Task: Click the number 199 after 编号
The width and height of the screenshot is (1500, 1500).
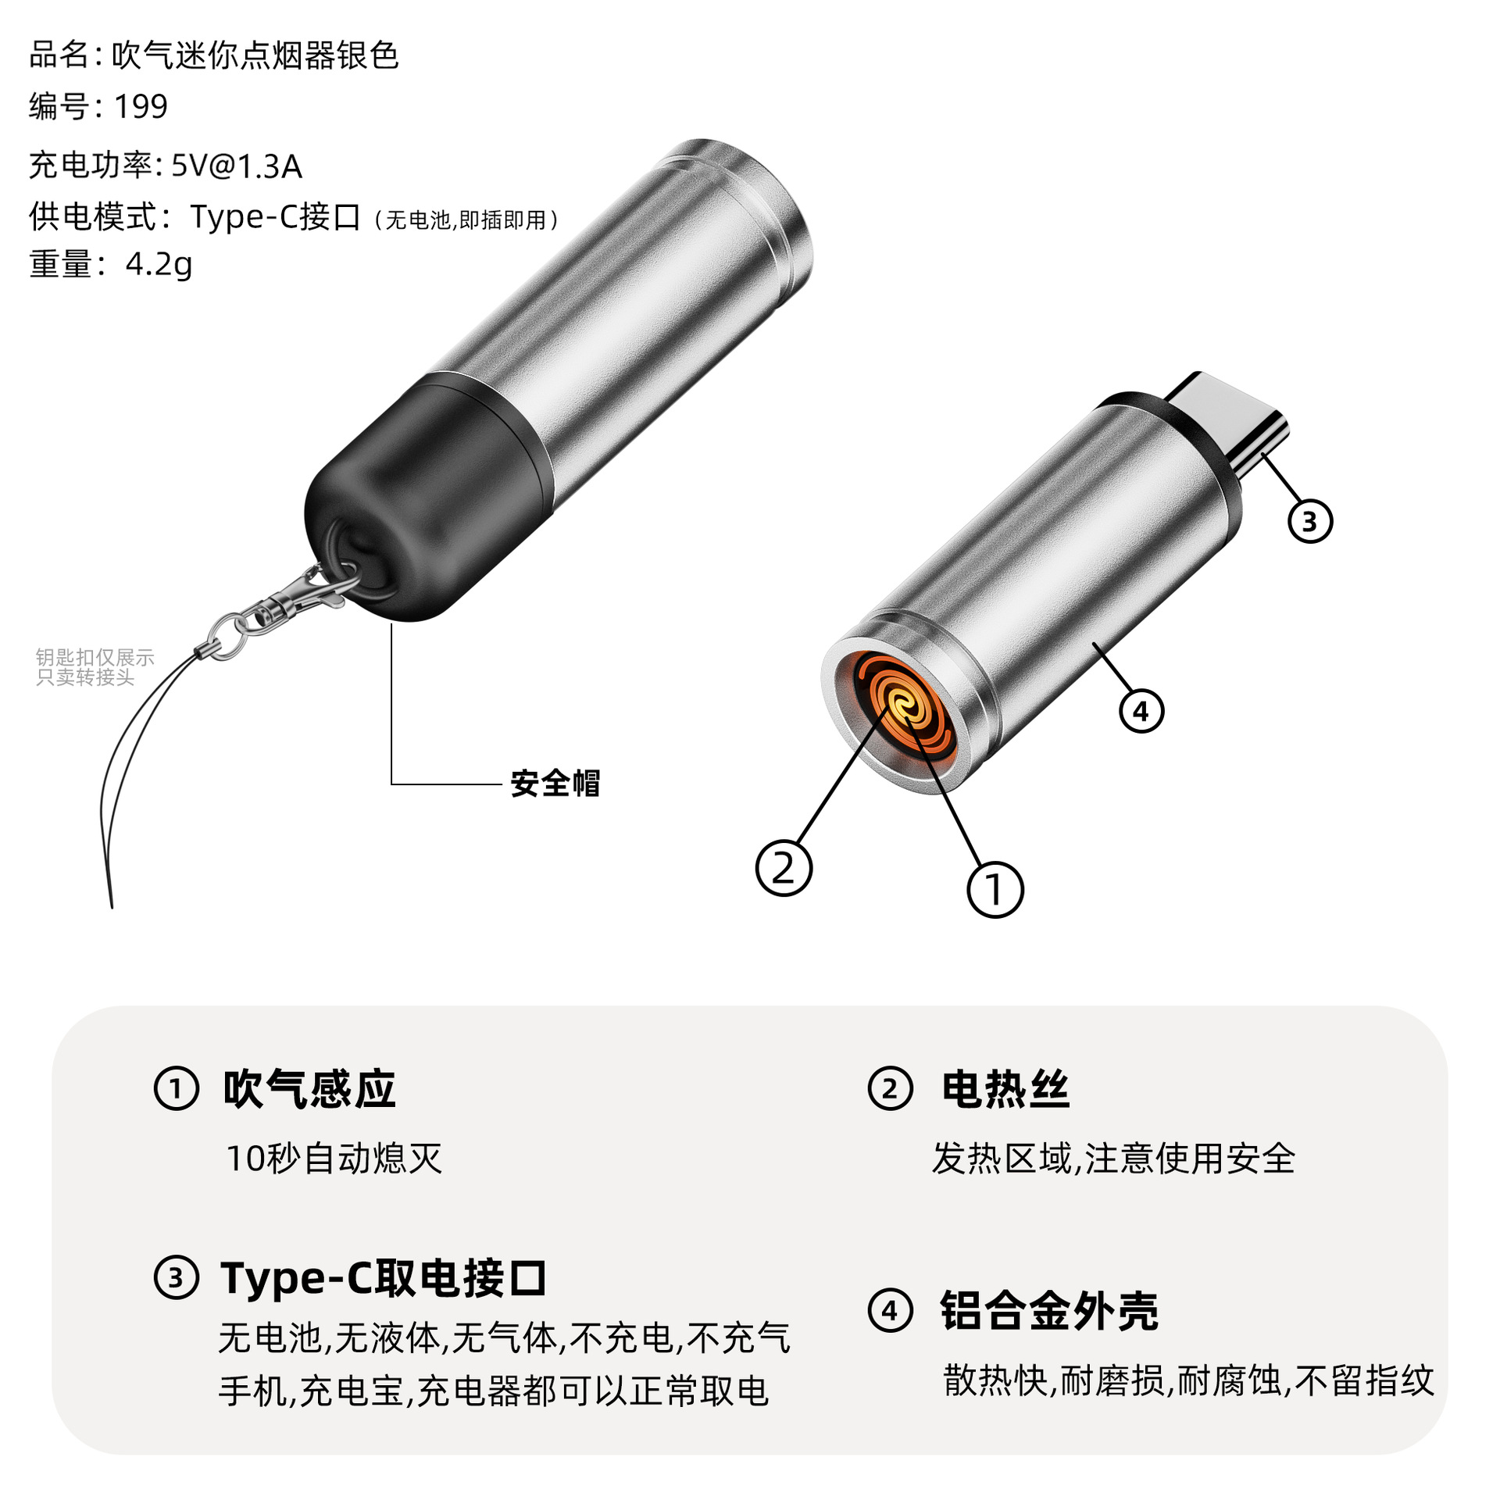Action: (141, 106)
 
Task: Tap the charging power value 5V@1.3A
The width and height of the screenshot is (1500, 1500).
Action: (236, 166)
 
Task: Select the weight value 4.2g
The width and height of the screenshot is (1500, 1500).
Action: (159, 264)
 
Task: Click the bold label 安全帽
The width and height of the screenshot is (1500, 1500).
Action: (555, 783)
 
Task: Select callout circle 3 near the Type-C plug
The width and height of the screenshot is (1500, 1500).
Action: (1309, 521)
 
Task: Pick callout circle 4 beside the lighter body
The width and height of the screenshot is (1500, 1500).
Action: (1141, 711)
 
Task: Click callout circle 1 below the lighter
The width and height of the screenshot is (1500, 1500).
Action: (995, 889)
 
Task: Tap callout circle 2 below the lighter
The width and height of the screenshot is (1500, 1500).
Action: (784, 867)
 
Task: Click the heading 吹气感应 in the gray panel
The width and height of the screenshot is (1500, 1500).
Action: (309, 1088)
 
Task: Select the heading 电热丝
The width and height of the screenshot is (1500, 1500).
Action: (1005, 1088)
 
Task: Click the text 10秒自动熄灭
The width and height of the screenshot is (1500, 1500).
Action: (334, 1158)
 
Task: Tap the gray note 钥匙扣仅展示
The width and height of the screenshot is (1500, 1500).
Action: (95, 657)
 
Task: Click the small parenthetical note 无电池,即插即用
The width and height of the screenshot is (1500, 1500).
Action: (466, 220)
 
